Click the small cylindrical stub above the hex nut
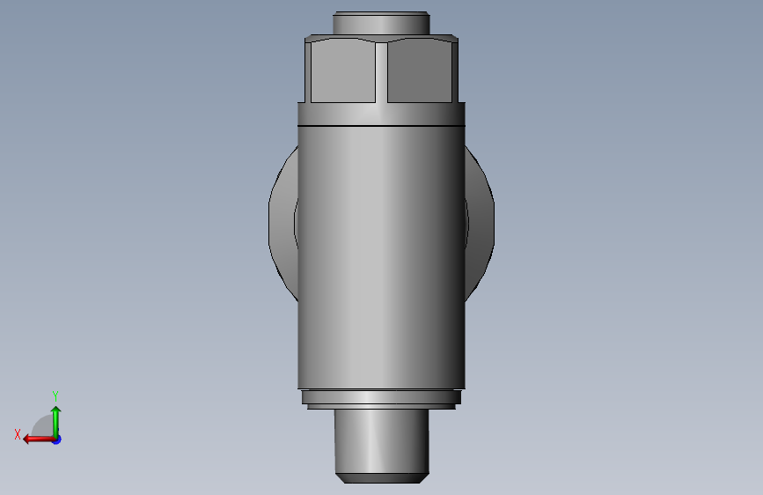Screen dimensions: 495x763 pyautogui.click(x=381, y=23)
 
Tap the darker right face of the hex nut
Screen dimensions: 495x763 pyautogui.click(x=421, y=72)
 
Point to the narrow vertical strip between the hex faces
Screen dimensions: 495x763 pyautogui.click(x=381, y=72)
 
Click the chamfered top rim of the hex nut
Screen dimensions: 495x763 pyautogui.click(x=381, y=40)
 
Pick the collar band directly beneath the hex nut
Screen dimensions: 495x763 pyautogui.click(x=381, y=114)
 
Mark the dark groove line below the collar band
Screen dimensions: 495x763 pyautogui.click(x=381, y=127)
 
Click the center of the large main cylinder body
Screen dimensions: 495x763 pyautogui.click(x=381, y=255)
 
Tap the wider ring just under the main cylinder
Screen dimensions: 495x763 pyautogui.click(x=381, y=397)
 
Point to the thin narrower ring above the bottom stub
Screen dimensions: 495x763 pyautogui.click(x=381, y=407)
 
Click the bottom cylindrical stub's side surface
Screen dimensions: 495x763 pyautogui.click(x=381, y=440)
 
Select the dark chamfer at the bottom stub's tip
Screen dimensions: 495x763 pyautogui.click(x=381, y=478)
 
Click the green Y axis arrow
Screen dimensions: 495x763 pyautogui.click(x=55, y=417)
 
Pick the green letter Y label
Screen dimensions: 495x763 pyautogui.click(x=55, y=395)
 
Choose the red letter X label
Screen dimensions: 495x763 pyautogui.click(x=17, y=434)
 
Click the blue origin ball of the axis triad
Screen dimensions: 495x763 pyautogui.click(x=55, y=439)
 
